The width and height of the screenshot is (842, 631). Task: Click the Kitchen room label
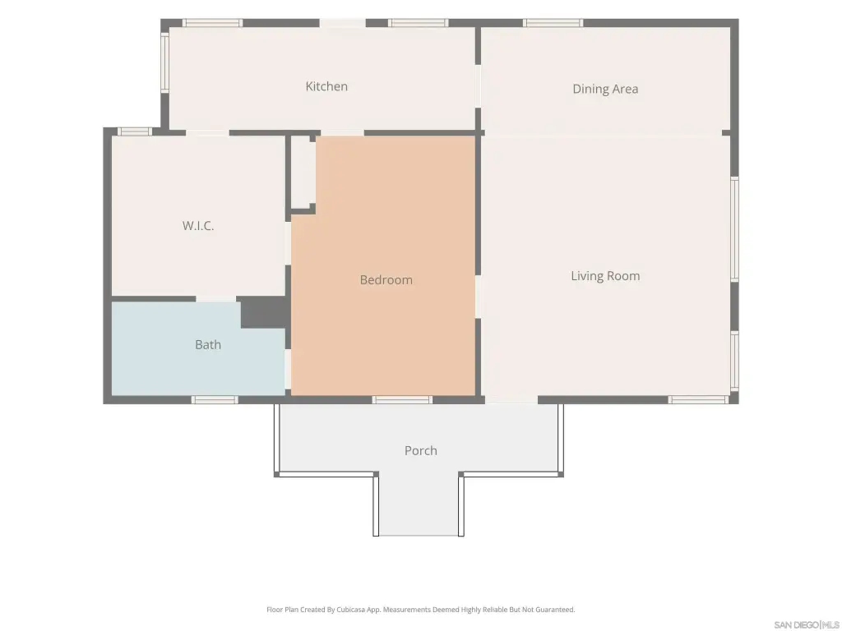pos(326,86)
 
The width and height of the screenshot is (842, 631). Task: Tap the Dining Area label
pos(605,89)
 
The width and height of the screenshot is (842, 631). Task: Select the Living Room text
pos(605,276)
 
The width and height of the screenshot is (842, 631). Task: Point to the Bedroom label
pos(386,279)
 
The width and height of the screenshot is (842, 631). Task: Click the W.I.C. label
pos(198,225)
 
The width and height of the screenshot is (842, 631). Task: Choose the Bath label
pos(208,344)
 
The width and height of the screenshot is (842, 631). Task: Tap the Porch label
pos(420,451)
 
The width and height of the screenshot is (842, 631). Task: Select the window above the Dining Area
pos(553,23)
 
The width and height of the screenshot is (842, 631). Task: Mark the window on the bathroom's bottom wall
pos(215,400)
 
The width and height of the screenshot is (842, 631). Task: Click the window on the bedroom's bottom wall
pos(402,400)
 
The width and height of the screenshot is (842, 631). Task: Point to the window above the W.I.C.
pos(134,131)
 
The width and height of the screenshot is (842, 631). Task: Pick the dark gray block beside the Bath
pos(263,311)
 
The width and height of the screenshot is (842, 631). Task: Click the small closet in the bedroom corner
pos(303,173)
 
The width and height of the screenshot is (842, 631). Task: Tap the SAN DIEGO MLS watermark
pos(806,624)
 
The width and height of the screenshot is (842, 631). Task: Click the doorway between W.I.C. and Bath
pos(215,298)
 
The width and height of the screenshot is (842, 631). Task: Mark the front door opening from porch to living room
pos(511,400)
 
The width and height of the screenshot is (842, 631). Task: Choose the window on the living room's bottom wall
pos(698,400)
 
